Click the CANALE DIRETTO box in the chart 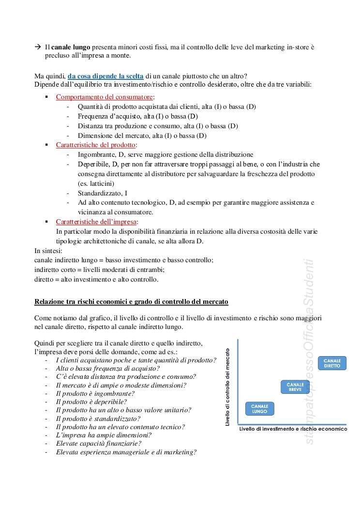pyautogui.click(x=332, y=363)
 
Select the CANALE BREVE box pyautogui.click(x=295, y=387)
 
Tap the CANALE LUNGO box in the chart pyautogui.click(x=259, y=409)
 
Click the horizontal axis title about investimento pyautogui.click(x=293, y=429)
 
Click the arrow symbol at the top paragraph pyautogui.click(x=38, y=47)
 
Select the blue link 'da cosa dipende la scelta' pyautogui.click(x=105, y=76)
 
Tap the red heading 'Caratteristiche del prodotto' pyautogui.click(x=96, y=145)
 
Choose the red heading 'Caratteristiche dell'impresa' pyautogui.click(x=96, y=222)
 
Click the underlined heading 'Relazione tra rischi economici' pyautogui.click(x=131, y=302)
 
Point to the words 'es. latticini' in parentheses pyautogui.click(x=96, y=183)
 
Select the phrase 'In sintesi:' pyautogui.click(x=48, y=251)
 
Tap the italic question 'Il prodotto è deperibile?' pyautogui.click(x=91, y=402)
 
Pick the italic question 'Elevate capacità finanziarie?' pyautogui.click(x=99, y=443)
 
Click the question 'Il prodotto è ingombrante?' pyautogui.click(x=95, y=393)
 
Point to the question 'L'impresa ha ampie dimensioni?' pyautogui.click(x=104, y=435)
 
